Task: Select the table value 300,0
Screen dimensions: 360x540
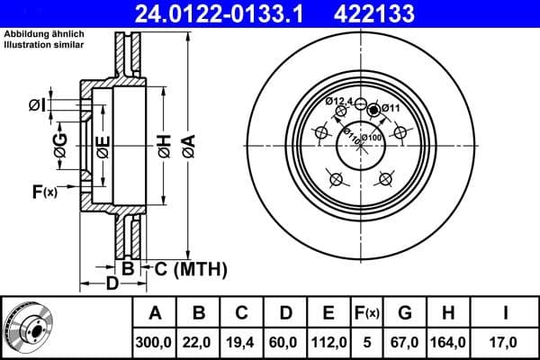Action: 155,341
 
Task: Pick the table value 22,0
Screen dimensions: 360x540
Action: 199,341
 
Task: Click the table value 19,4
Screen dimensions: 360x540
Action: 242,341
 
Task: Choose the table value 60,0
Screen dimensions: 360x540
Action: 285,341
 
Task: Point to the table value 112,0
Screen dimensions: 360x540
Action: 328,341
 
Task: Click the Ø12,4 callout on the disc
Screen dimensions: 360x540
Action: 338,100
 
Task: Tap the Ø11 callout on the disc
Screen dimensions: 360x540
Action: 390,108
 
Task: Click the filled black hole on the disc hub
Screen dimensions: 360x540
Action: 373,109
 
